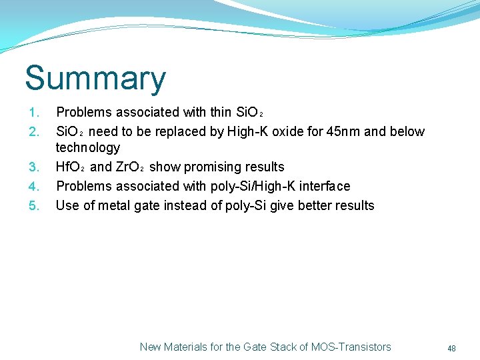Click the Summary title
pyautogui.click(x=95, y=79)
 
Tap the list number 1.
pyautogui.click(x=35, y=112)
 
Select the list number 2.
pyautogui.click(x=35, y=131)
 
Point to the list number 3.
pyautogui.click(x=35, y=167)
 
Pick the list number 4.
pyautogui.click(x=35, y=186)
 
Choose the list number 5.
pyautogui.click(x=35, y=205)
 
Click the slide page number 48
pyautogui.click(x=451, y=348)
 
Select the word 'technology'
pyautogui.click(x=88, y=147)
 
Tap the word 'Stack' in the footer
pyautogui.click(x=275, y=347)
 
